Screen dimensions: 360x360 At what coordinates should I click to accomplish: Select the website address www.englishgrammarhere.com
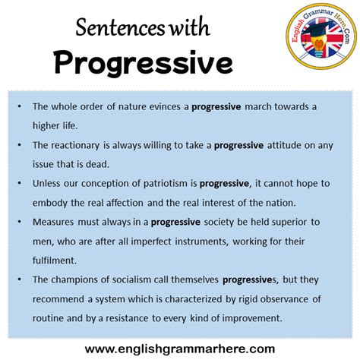179,347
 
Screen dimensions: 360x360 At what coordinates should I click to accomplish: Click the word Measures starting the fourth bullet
54,223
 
